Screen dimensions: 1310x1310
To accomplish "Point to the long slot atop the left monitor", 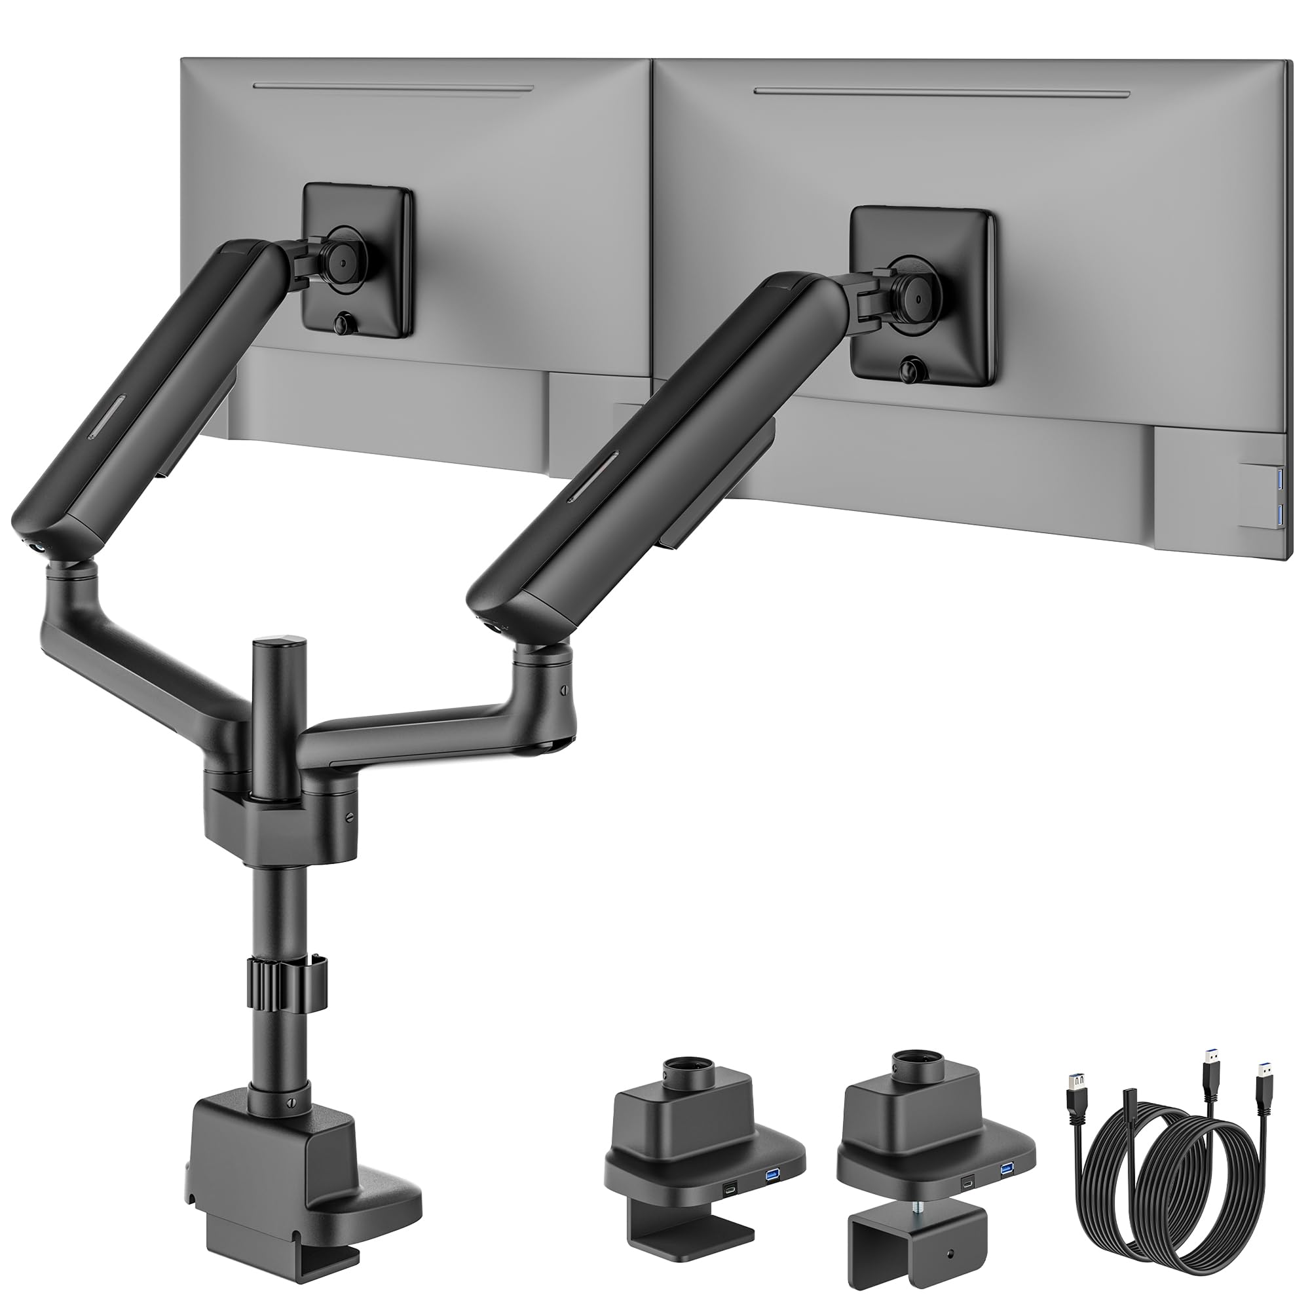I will click(393, 87).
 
